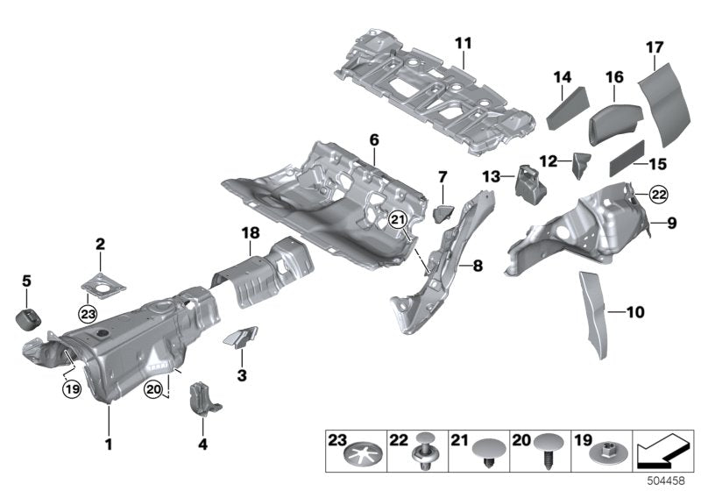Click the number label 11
[x=463, y=42]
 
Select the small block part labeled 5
[x=29, y=316]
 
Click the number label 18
[x=251, y=231]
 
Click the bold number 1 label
[x=109, y=445]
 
